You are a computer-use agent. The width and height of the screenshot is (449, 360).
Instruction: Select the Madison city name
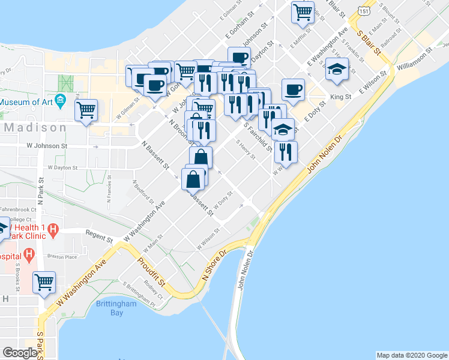pos(35,128)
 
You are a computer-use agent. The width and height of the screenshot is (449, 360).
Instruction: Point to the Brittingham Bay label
pos(116,308)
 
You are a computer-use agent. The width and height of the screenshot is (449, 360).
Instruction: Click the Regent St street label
pos(99,236)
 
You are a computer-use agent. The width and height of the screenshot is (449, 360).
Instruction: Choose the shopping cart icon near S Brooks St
pos(44,281)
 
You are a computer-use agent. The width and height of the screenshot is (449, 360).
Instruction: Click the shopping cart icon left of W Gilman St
pos(86,110)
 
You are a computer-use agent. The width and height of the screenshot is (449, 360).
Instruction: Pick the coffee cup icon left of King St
pos(293,89)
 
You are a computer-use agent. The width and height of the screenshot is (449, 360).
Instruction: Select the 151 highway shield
pos(364,11)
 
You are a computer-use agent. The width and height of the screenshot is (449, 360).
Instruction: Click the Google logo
pos(20,353)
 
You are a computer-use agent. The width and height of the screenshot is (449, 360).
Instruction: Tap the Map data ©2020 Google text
pos(411,355)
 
